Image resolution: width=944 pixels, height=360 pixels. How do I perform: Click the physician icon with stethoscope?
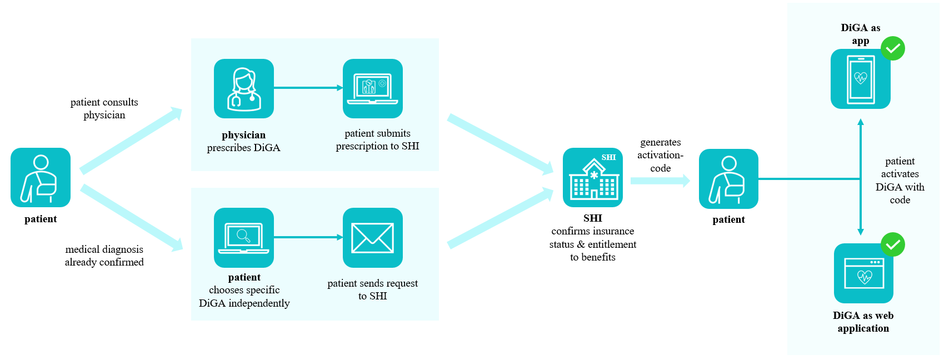click(244, 88)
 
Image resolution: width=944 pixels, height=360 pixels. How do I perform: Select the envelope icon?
click(372, 238)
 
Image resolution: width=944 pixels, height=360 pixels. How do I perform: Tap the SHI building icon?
click(592, 177)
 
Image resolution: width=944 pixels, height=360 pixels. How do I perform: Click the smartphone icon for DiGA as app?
click(860, 79)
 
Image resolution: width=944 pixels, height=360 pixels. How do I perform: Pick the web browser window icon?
click(863, 273)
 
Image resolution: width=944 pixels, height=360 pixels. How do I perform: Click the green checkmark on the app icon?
click(893, 49)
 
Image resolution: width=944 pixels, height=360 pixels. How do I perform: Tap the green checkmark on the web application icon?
click(893, 244)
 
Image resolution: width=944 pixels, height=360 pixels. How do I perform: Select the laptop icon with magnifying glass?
click(244, 238)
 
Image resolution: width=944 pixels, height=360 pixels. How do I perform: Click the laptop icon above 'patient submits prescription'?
click(372, 88)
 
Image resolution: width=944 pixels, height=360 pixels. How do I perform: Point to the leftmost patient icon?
click(41, 177)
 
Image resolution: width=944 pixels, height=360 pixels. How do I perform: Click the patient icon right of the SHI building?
click(728, 179)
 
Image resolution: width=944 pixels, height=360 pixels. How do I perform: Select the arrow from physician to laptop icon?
click(308, 88)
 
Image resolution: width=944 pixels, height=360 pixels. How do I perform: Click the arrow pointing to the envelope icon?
click(308, 237)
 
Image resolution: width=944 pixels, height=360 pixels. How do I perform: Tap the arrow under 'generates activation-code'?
click(660, 181)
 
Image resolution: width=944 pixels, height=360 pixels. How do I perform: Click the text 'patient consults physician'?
click(104, 108)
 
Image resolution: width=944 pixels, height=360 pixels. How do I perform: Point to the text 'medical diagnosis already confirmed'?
click(104, 256)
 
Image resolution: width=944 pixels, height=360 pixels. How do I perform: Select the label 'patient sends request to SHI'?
click(372, 289)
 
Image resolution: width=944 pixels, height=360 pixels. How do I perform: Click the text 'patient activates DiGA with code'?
click(900, 181)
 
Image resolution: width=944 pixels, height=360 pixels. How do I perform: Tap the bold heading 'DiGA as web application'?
click(863, 322)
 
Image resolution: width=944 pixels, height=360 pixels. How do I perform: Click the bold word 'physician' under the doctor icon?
click(243, 135)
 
